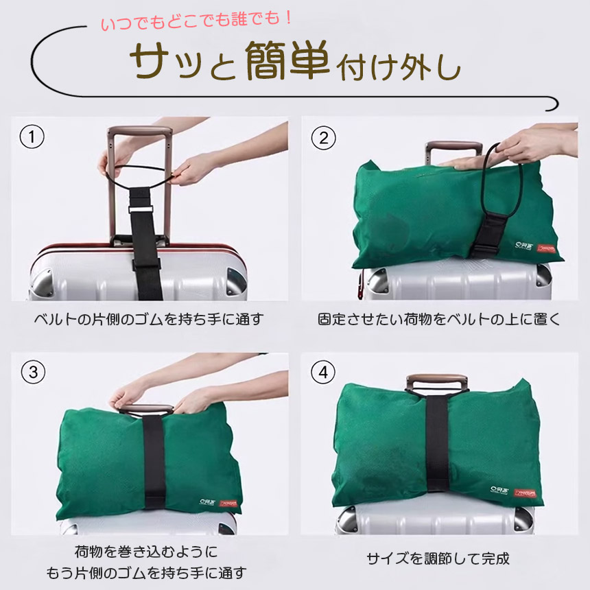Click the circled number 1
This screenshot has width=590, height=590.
[32, 137]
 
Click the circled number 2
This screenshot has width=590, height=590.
[324, 138]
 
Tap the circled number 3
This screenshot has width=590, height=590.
[33, 372]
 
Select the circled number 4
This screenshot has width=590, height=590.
[323, 372]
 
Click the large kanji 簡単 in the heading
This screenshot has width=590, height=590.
[287, 60]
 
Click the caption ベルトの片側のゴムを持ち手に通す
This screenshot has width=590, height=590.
[149, 319]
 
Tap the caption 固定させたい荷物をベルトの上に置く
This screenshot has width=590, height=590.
[439, 319]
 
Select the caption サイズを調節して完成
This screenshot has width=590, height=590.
[438, 558]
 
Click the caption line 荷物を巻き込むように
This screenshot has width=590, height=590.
[146, 552]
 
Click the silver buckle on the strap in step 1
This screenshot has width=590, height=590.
[141, 209]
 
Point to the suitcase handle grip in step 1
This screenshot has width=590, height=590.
[140, 131]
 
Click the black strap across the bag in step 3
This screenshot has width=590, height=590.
[154, 462]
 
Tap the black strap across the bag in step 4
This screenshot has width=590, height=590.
[437, 444]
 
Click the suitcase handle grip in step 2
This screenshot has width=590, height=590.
[453, 147]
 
